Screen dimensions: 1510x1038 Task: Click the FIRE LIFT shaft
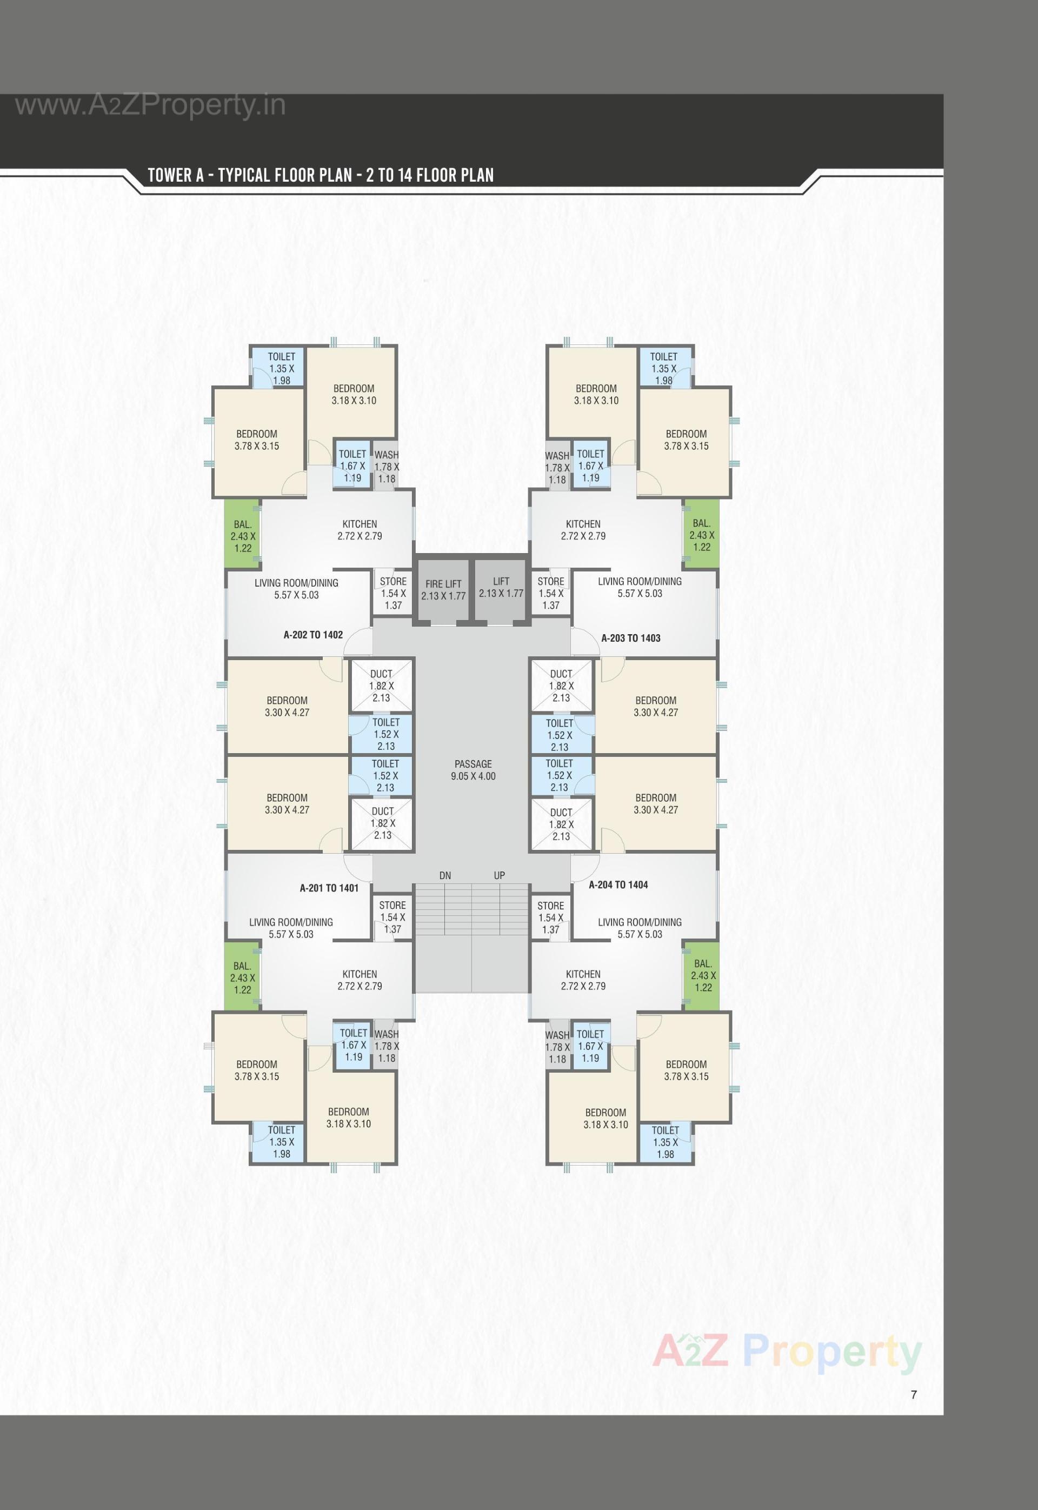[443, 589]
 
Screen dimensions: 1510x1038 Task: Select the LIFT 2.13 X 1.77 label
[501, 587]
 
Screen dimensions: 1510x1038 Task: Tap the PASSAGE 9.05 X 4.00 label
[473, 770]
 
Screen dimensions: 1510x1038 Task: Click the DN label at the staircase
[445, 875]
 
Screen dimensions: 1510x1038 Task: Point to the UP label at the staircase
[499, 875]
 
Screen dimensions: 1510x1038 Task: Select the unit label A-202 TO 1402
[313, 635]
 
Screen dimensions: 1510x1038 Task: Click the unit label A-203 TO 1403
[630, 638]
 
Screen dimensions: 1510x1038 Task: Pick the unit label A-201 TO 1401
[329, 888]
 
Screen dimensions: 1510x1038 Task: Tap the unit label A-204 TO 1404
[618, 884]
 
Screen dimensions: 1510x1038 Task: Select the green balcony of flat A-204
[702, 975]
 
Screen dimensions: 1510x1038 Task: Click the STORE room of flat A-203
[551, 593]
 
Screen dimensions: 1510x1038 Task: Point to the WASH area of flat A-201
[387, 1046]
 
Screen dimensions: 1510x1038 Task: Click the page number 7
[914, 1394]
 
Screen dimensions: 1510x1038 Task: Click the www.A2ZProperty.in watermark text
[150, 105]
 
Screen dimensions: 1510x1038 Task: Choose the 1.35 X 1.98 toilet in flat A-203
[663, 368]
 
